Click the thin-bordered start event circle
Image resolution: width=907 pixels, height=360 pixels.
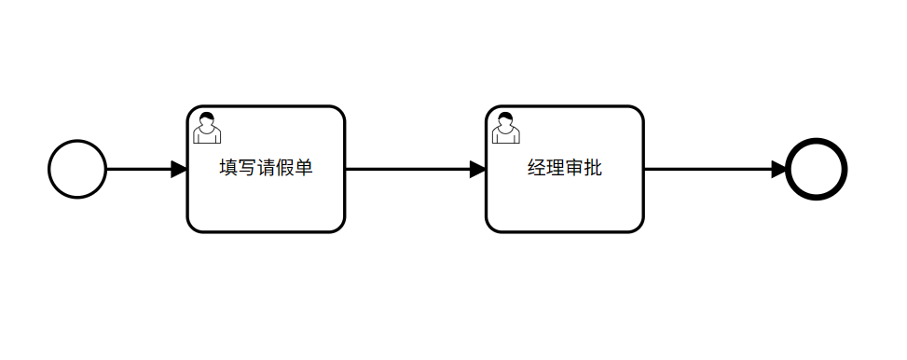pyautogui.click(x=49, y=169)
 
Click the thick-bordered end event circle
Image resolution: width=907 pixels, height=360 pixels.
pyautogui.click(x=788, y=169)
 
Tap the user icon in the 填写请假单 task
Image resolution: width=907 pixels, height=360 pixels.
pyautogui.click(x=207, y=128)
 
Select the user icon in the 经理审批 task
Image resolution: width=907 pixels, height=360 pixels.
pyautogui.click(x=505, y=128)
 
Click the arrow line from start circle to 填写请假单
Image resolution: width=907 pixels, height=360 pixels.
pyautogui.click(x=147, y=169)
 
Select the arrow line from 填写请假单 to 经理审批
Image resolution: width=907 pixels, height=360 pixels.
pyautogui.click(x=416, y=169)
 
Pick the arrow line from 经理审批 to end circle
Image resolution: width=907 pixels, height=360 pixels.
pyautogui.click(x=716, y=169)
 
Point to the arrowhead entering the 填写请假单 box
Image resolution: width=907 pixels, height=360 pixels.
pyautogui.click(x=179, y=169)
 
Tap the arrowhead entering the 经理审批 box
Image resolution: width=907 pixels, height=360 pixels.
pyautogui.click(x=478, y=169)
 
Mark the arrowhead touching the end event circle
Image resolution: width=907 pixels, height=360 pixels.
pyautogui.click(x=779, y=169)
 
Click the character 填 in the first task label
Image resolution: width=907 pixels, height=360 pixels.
pyautogui.click(x=228, y=168)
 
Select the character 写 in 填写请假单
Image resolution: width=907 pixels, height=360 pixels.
pyautogui.click(x=247, y=168)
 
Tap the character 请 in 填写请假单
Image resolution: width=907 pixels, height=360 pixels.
pyautogui.click(x=266, y=168)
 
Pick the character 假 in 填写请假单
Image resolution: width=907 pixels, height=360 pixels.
pyautogui.click(x=284, y=168)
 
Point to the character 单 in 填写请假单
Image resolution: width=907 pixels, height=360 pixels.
pyautogui.click(x=304, y=168)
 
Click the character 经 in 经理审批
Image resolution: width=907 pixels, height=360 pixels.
pyautogui.click(x=537, y=168)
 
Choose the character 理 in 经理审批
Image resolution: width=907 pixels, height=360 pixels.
pyautogui.click(x=556, y=168)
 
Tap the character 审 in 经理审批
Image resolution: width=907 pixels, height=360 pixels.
pyautogui.click(x=574, y=168)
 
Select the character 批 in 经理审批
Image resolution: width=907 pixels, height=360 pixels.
pyautogui.click(x=593, y=168)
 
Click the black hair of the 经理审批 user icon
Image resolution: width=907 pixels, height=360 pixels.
pyautogui.click(x=505, y=117)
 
